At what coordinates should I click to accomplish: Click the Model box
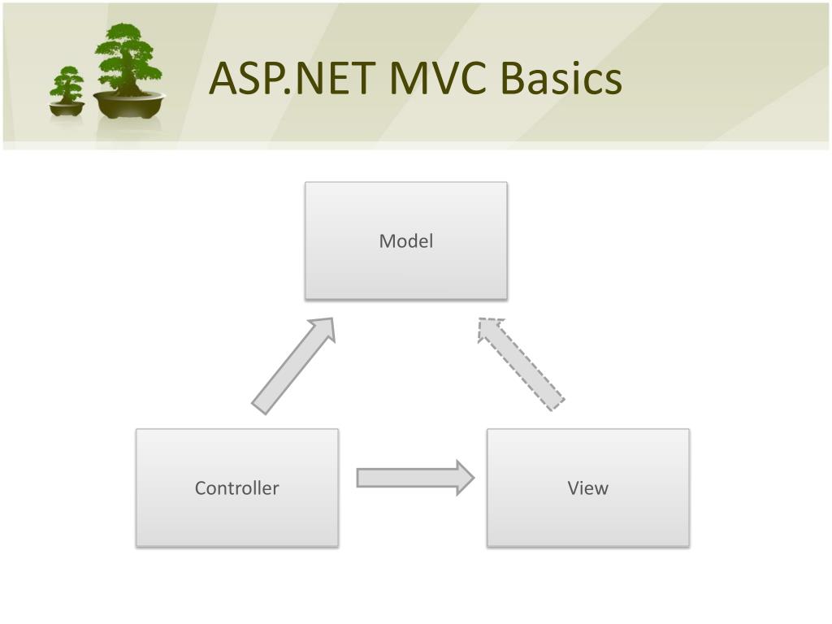tap(406, 240)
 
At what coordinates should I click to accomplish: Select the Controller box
tap(237, 487)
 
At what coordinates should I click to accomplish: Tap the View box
tap(588, 487)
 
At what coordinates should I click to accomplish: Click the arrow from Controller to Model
tap(293, 366)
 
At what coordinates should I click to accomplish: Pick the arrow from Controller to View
tap(415, 478)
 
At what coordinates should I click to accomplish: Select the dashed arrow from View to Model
tap(521, 364)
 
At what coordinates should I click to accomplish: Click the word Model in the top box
tap(406, 240)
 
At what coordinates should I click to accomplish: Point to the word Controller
tap(236, 487)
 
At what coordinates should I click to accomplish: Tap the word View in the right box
tap(588, 487)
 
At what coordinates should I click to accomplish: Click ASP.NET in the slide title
tap(292, 78)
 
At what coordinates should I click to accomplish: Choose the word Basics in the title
tap(561, 78)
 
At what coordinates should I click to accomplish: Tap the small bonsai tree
tap(67, 91)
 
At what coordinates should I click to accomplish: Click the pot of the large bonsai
tap(129, 105)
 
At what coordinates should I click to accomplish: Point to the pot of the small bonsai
tap(67, 109)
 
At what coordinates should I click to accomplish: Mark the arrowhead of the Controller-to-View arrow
tap(465, 478)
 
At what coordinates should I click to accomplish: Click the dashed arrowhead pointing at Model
tap(489, 329)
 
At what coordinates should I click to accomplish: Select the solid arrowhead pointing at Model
tap(323, 329)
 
